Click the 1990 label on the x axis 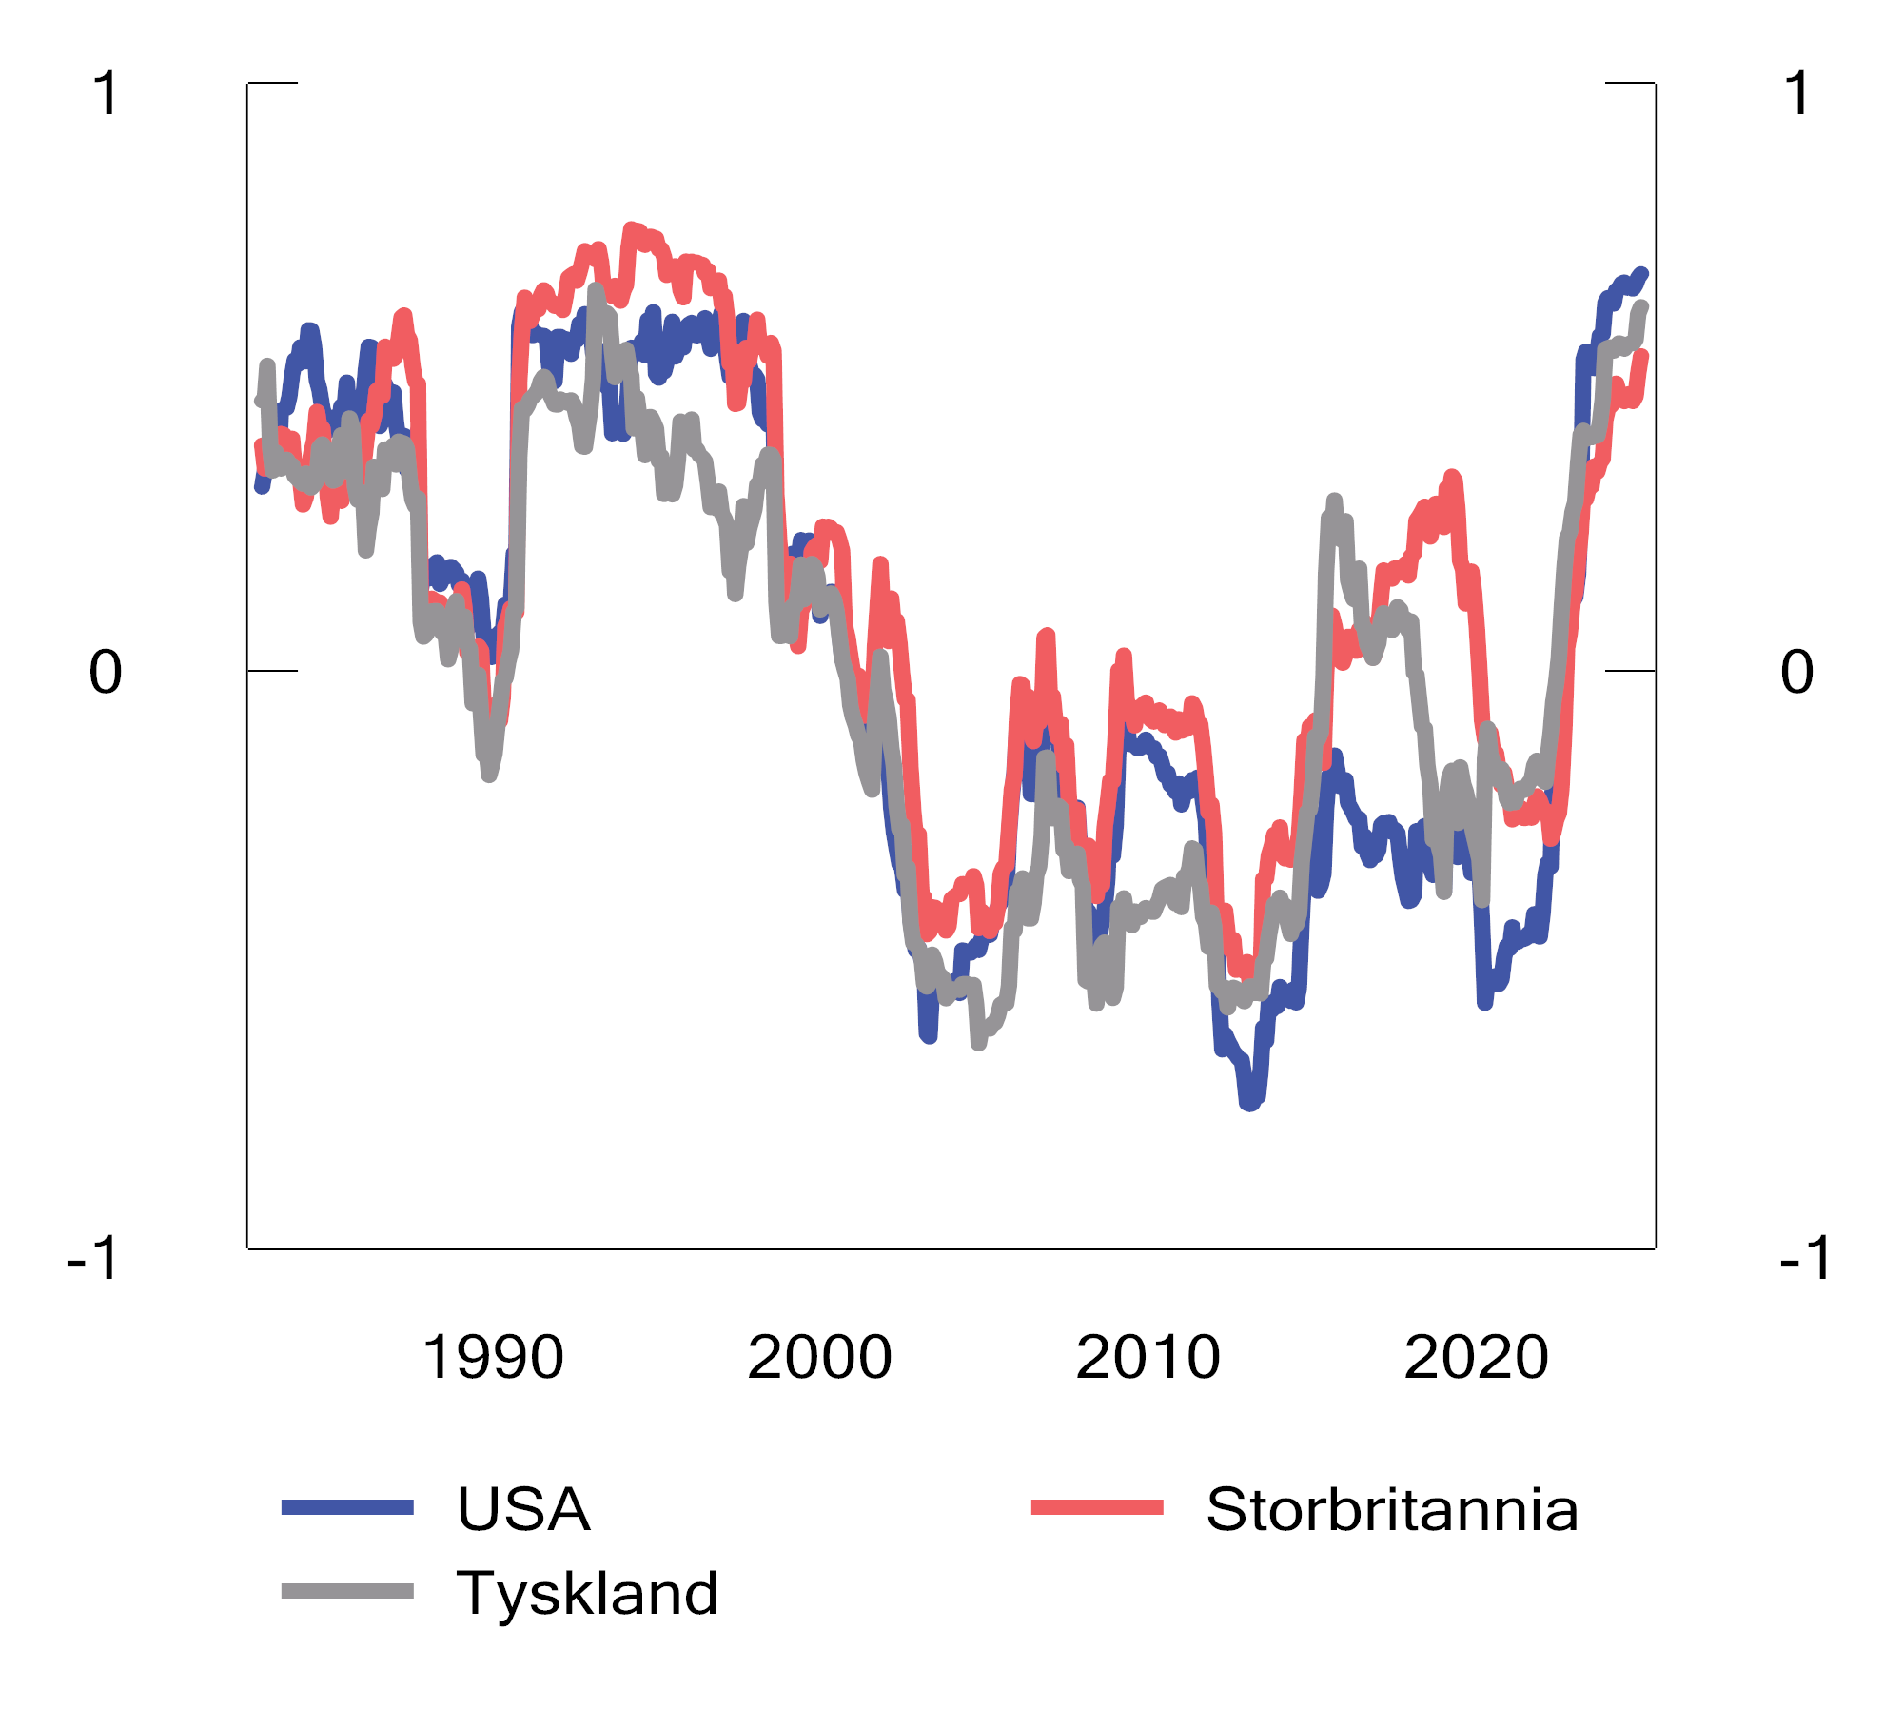[x=493, y=1357]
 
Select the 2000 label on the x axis [x=820, y=1357]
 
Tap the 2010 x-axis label [x=1148, y=1357]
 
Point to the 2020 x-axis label [x=1477, y=1357]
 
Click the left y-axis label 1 [x=107, y=94]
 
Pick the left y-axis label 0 [x=106, y=672]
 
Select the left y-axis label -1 [x=93, y=1258]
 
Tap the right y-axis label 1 [x=1797, y=94]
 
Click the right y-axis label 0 [x=1796, y=672]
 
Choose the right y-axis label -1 [x=1806, y=1258]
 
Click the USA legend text [x=523, y=1509]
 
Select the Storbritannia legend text [x=1392, y=1509]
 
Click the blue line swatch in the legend [x=347, y=1507]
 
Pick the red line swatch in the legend [x=1097, y=1507]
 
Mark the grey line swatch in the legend [x=347, y=1591]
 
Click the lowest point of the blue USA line [x=1250, y=1105]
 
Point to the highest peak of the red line [x=630, y=229]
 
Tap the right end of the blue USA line [x=1642, y=274]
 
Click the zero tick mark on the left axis [x=273, y=671]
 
